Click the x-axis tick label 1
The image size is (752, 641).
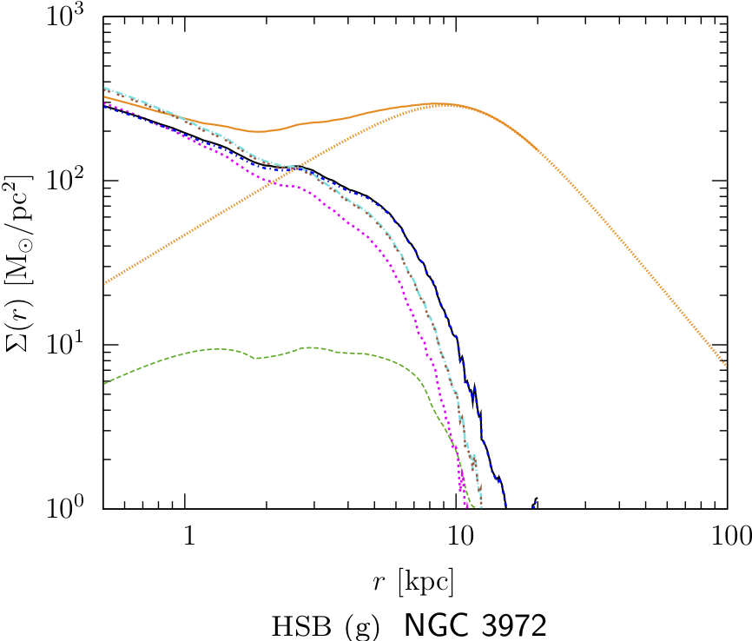[188, 536]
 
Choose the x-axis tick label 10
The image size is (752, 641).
[458, 536]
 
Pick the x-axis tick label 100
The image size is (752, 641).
[727, 536]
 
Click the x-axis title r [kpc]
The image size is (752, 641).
[413, 580]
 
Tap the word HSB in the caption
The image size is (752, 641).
[297, 625]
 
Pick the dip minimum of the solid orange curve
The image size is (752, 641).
[258, 131]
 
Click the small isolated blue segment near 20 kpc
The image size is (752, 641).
[536, 503]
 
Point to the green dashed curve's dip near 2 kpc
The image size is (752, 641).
[256, 358]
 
